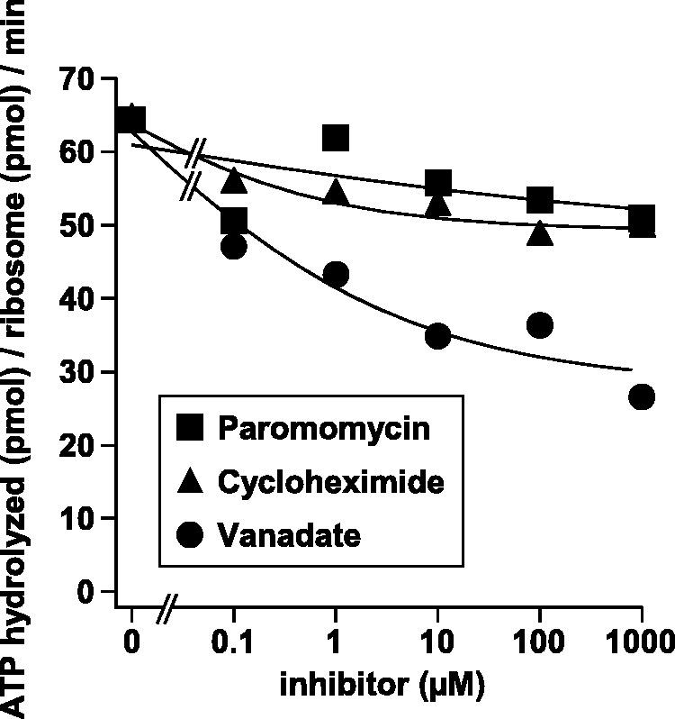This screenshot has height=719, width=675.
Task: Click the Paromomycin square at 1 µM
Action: [x=335, y=138]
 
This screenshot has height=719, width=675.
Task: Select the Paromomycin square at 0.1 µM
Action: [x=233, y=221]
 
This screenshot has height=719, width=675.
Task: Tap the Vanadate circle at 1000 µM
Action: [x=641, y=396]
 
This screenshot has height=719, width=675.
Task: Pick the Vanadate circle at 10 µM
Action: [x=437, y=336]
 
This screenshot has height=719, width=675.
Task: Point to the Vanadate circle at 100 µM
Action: [x=539, y=325]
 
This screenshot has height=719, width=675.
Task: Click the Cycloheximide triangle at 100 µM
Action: [x=539, y=233]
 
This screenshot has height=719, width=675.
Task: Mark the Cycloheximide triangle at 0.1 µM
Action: [x=234, y=180]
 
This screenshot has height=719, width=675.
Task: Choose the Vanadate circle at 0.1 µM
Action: [x=233, y=246]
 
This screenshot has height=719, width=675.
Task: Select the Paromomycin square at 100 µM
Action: [x=539, y=200]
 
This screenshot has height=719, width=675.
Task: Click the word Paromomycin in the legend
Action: [x=324, y=428]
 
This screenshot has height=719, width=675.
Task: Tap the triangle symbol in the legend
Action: [x=190, y=482]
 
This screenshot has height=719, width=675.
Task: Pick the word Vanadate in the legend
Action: [x=289, y=535]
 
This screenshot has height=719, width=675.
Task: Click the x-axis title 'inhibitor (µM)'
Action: [x=382, y=685]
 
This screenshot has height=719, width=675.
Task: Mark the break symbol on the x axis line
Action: [x=166, y=613]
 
